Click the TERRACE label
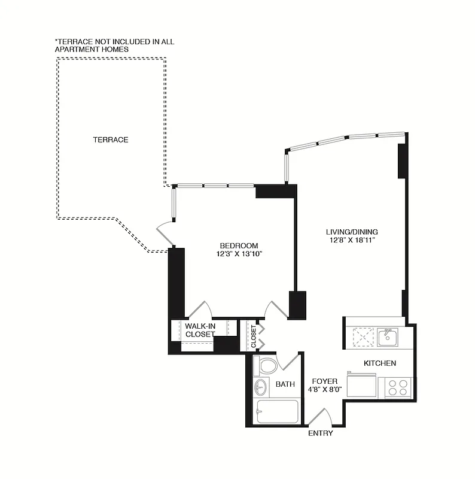click(111, 140)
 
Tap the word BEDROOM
click(239, 245)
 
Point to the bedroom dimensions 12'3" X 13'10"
click(239, 254)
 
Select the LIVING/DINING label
click(352, 232)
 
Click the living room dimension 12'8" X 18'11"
click(352, 240)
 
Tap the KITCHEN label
click(380, 363)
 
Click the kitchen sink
click(388, 336)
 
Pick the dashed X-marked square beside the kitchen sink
click(363, 337)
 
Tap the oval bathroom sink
click(261, 387)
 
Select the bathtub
click(276, 412)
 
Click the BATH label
click(285, 384)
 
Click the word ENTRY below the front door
click(320, 433)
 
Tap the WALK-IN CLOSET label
click(200, 330)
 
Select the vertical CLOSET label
click(254, 337)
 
